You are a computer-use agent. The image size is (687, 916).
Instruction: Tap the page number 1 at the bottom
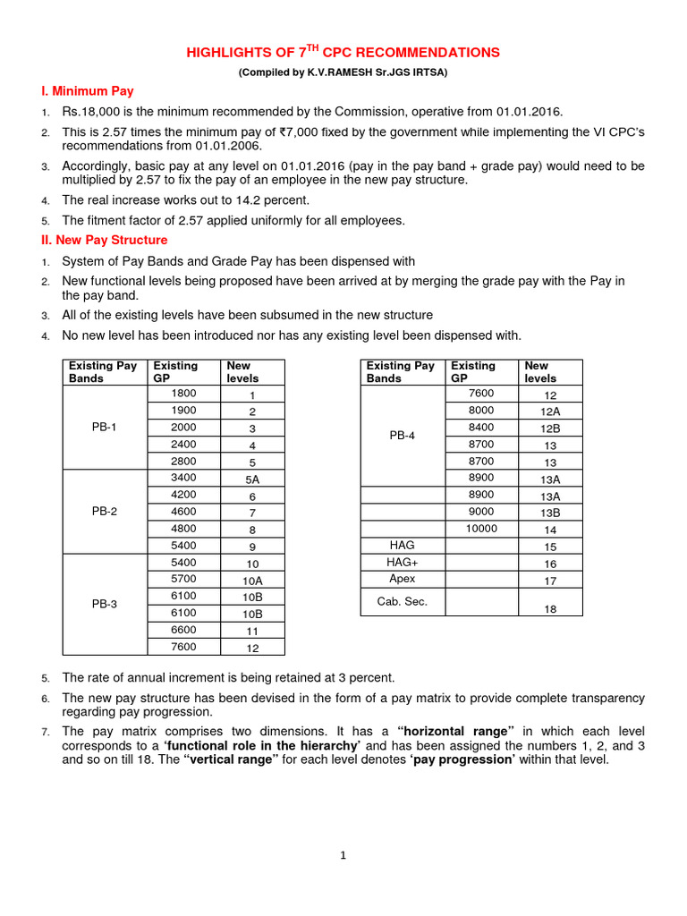(343, 855)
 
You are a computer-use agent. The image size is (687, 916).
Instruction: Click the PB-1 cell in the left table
(104, 428)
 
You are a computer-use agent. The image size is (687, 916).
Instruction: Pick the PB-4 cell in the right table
(402, 436)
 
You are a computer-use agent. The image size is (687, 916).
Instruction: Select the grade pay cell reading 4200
(183, 495)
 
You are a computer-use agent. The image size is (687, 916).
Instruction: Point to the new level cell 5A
(252, 479)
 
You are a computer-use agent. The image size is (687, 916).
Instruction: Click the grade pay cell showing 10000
(481, 529)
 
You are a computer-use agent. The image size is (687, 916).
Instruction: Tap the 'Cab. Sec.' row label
(402, 601)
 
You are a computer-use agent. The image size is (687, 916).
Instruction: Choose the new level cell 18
(550, 608)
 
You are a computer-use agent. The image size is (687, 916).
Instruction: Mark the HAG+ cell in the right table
(402, 563)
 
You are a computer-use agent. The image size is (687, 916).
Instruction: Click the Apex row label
(402, 579)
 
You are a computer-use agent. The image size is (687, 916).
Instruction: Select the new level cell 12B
(550, 428)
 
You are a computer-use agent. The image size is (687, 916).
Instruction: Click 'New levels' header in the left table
(242, 371)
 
